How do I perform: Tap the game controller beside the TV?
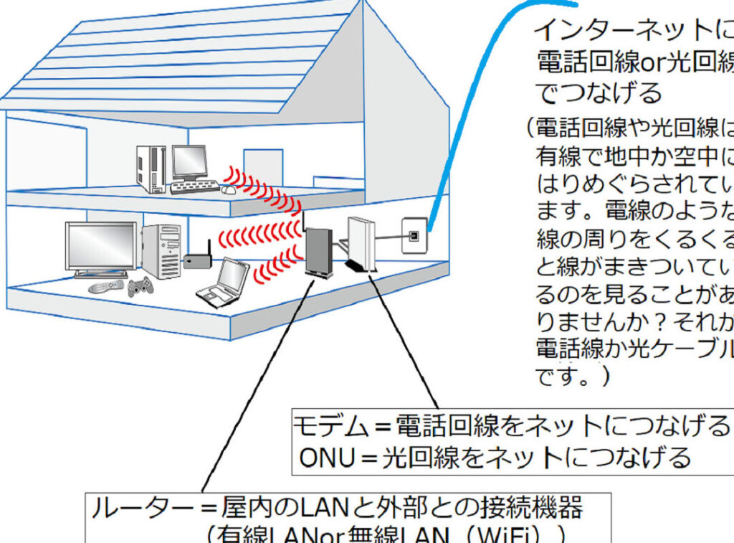tap(140, 287)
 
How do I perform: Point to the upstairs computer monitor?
tap(189, 164)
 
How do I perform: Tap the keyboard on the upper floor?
tap(194, 188)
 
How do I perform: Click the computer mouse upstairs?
tap(229, 190)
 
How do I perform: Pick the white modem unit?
tap(361, 244)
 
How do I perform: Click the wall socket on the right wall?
tap(414, 235)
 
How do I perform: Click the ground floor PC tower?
tap(161, 251)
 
